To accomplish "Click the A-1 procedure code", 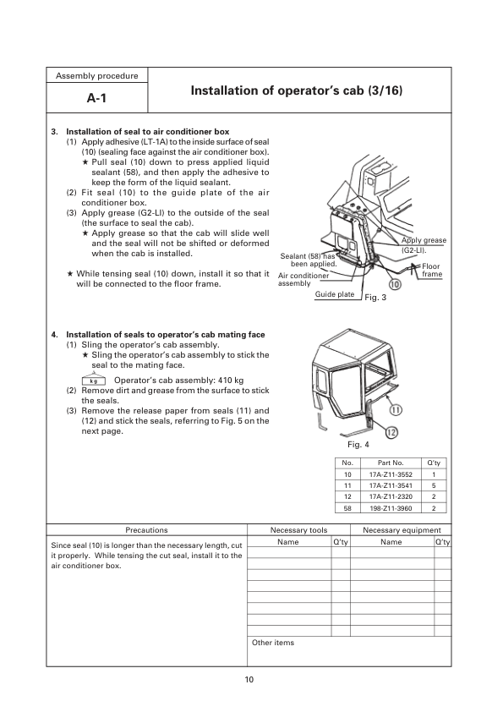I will pyautogui.click(x=97, y=99).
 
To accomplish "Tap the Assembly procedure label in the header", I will pyautogui.click(x=97, y=76).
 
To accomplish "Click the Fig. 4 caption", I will pyautogui.click(x=358, y=444).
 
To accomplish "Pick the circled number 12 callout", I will pyautogui.click(x=391, y=433).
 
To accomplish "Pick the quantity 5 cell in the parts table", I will pyautogui.click(x=433, y=486).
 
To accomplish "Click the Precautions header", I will pyautogui.click(x=146, y=529).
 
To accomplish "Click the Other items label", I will pyautogui.click(x=273, y=643).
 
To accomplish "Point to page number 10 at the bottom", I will pyautogui.click(x=249, y=680).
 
